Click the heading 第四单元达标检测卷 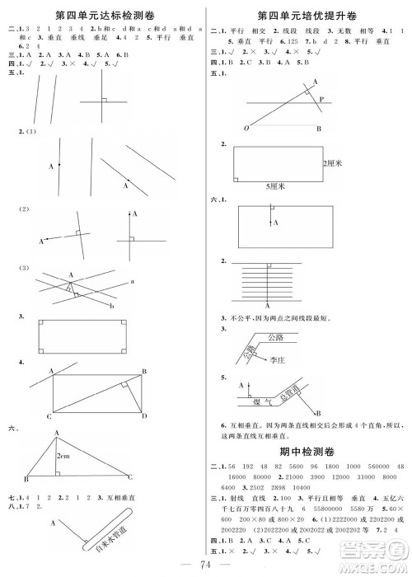coord(105,15)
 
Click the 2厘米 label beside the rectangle coord(334,163)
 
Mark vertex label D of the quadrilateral coord(146,415)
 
